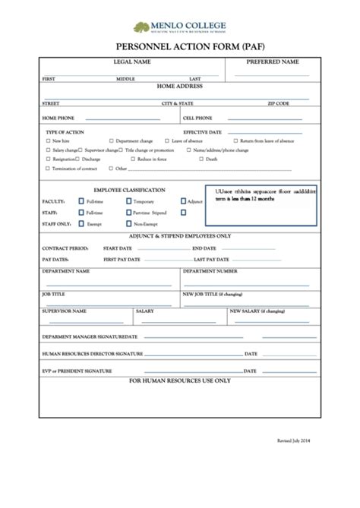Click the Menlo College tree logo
tap(142, 28)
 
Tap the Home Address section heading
tap(180, 87)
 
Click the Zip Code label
tap(278, 103)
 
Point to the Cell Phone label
tap(197, 118)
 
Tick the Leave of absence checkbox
tap(168, 141)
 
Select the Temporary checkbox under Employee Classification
tap(127, 202)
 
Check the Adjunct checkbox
tap(183, 202)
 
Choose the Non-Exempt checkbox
tap(127, 225)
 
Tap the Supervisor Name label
tap(65, 311)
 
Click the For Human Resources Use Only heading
tap(180, 380)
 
